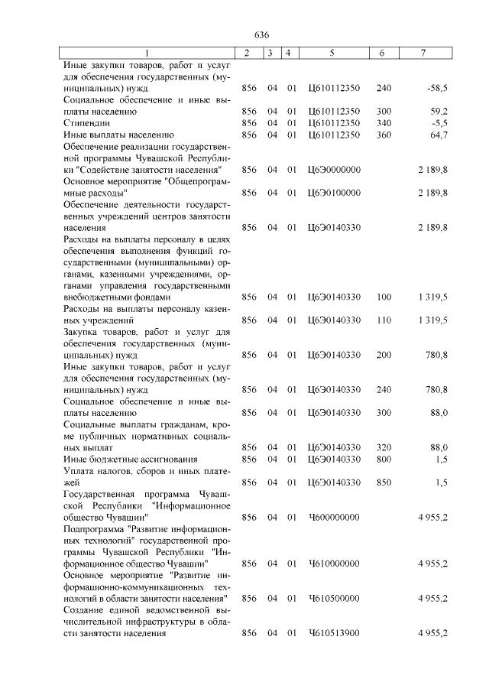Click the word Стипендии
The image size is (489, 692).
pyautogui.click(x=86, y=122)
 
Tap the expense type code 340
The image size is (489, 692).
pyautogui.click(x=384, y=122)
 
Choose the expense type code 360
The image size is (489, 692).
pyautogui.click(x=384, y=134)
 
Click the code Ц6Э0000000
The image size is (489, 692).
pyautogui.click(x=334, y=169)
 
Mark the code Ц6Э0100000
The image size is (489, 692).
pyautogui.click(x=334, y=193)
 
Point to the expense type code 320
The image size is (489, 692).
pyautogui.click(x=384, y=447)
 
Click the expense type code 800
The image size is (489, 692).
pyautogui.click(x=384, y=459)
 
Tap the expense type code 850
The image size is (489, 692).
pyautogui.click(x=384, y=482)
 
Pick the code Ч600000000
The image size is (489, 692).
pyautogui.click(x=333, y=518)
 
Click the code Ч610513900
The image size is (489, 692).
pyautogui.click(x=333, y=634)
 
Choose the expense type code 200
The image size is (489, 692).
pyautogui.click(x=384, y=355)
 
